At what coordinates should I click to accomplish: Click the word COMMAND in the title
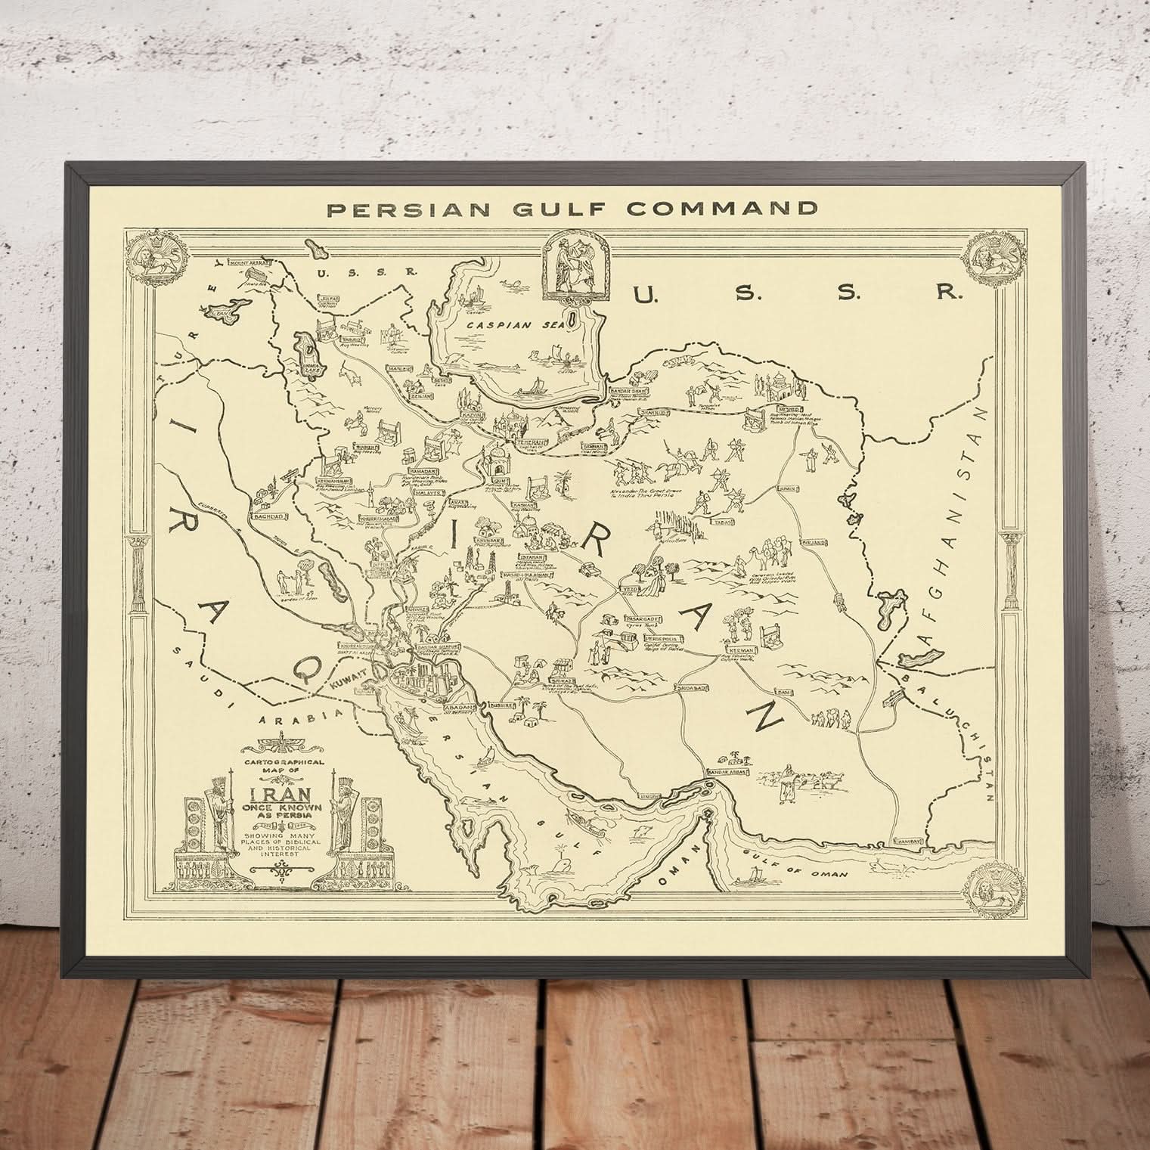coord(727,208)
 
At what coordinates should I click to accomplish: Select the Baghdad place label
coord(269,516)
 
